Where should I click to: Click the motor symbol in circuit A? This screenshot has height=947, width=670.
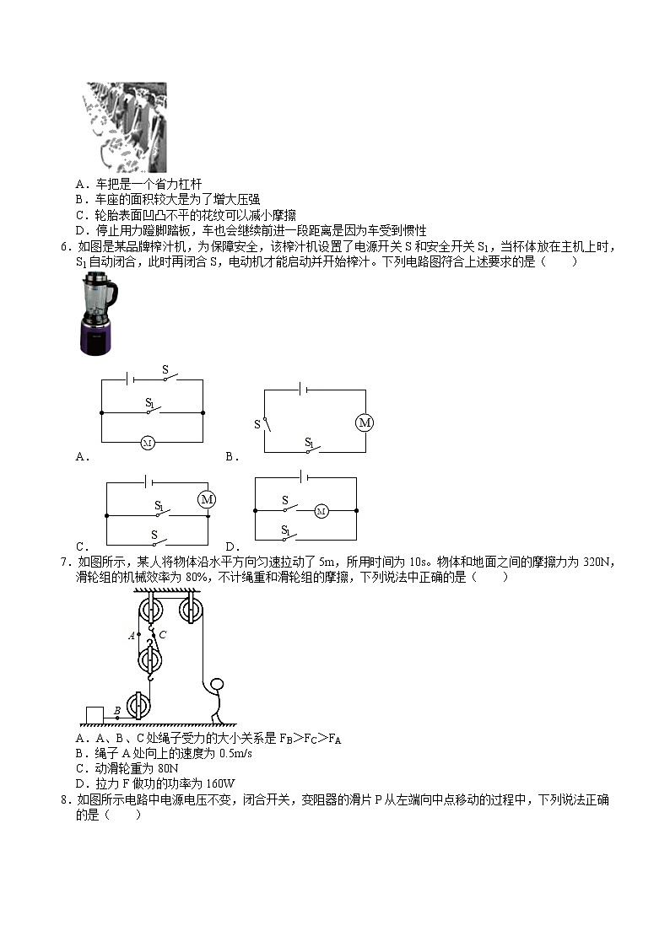pos(148,442)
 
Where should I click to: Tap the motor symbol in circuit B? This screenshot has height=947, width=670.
pos(365,422)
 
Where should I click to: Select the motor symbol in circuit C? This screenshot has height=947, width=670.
pos(207,500)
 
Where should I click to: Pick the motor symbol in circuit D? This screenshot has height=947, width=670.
pos(321,511)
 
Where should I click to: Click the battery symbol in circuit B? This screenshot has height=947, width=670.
pos(302,390)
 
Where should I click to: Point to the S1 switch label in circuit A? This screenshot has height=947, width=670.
pos(149,403)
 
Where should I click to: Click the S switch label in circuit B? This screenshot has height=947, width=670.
pos(257,424)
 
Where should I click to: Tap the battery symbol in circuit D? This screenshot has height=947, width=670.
pos(305,477)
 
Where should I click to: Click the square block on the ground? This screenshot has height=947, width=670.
pos(94,715)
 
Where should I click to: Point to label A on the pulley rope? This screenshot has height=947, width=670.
pos(132,636)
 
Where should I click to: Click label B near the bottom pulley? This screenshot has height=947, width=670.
pos(116,710)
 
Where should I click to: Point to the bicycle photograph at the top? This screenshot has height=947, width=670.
pos(126,126)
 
